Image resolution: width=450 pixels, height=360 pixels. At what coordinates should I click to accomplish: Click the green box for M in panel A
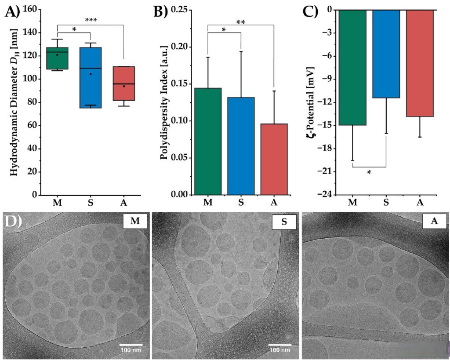click(57, 58)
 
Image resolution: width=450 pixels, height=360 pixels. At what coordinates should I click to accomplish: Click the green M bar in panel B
click(208, 141)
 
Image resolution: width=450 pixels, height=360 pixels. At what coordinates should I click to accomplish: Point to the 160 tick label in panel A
click(28, 9)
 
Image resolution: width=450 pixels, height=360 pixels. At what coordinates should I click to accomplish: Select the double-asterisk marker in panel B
click(241, 22)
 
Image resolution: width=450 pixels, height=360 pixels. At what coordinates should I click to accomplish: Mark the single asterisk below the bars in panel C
click(369, 173)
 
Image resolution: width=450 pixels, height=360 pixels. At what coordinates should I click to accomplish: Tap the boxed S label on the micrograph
click(283, 222)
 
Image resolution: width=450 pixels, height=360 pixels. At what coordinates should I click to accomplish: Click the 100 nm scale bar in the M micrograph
click(131, 345)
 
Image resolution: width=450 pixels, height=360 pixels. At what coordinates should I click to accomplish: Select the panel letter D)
click(14, 222)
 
